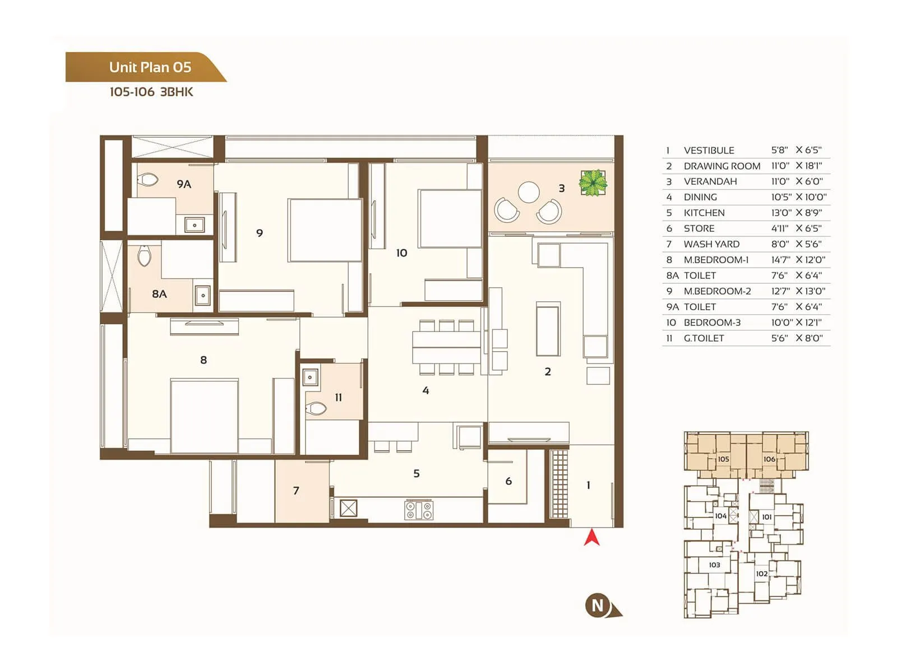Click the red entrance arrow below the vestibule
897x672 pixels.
click(592, 538)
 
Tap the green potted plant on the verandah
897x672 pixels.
click(593, 183)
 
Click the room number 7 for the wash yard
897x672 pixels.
click(296, 491)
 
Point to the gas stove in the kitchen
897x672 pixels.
click(419, 510)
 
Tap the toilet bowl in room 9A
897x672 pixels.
click(149, 180)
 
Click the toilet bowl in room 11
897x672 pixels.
click(316, 409)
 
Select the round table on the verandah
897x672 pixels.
click(529, 192)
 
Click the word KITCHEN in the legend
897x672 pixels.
click(704, 213)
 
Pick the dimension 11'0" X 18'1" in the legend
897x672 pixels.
click(796, 166)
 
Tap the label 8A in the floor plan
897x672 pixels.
click(159, 294)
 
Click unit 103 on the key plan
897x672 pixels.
click(714, 564)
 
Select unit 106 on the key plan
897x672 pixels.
click(769, 459)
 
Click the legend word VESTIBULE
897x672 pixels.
click(709, 150)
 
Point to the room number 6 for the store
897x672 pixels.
click(508, 481)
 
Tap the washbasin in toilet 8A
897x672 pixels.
click(203, 295)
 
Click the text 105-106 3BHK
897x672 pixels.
click(151, 92)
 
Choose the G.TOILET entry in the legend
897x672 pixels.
click(704, 338)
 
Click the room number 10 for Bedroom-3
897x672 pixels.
click(401, 253)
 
